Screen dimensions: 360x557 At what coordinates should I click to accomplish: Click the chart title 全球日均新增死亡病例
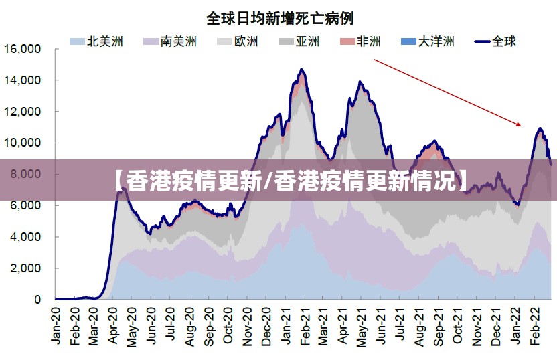pyautogui.click(x=280, y=17)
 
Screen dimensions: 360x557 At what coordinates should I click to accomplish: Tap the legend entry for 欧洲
pyautogui.click(x=238, y=41)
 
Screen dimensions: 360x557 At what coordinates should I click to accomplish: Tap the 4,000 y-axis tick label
pyautogui.click(x=25, y=237)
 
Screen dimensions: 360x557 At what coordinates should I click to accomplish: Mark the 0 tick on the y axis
pyautogui.click(x=37, y=300)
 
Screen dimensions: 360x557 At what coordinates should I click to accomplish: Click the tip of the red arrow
pyautogui.click(x=520, y=125)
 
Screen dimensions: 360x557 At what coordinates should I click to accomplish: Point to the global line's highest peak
pyautogui.click(x=302, y=70)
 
